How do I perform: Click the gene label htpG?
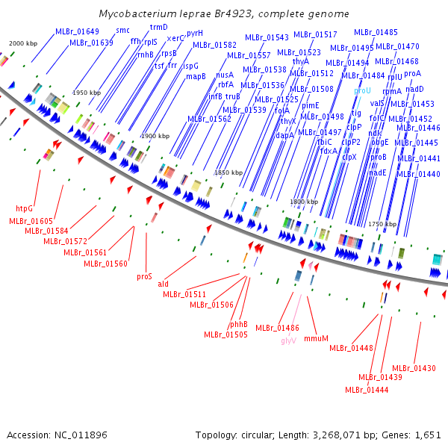point(24,208)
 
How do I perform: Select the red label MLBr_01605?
point(31,221)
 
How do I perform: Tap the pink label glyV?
point(289,340)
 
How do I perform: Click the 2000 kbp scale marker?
point(22,43)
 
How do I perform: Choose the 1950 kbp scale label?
point(86,92)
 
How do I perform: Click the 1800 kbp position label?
point(304,202)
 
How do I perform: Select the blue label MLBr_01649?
point(77,31)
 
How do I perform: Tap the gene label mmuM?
point(317,338)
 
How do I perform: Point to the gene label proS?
point(144,276)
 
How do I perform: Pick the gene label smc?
point(122,30)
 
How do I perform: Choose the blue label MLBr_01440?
point(418,174)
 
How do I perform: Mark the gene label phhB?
point(238,324)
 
